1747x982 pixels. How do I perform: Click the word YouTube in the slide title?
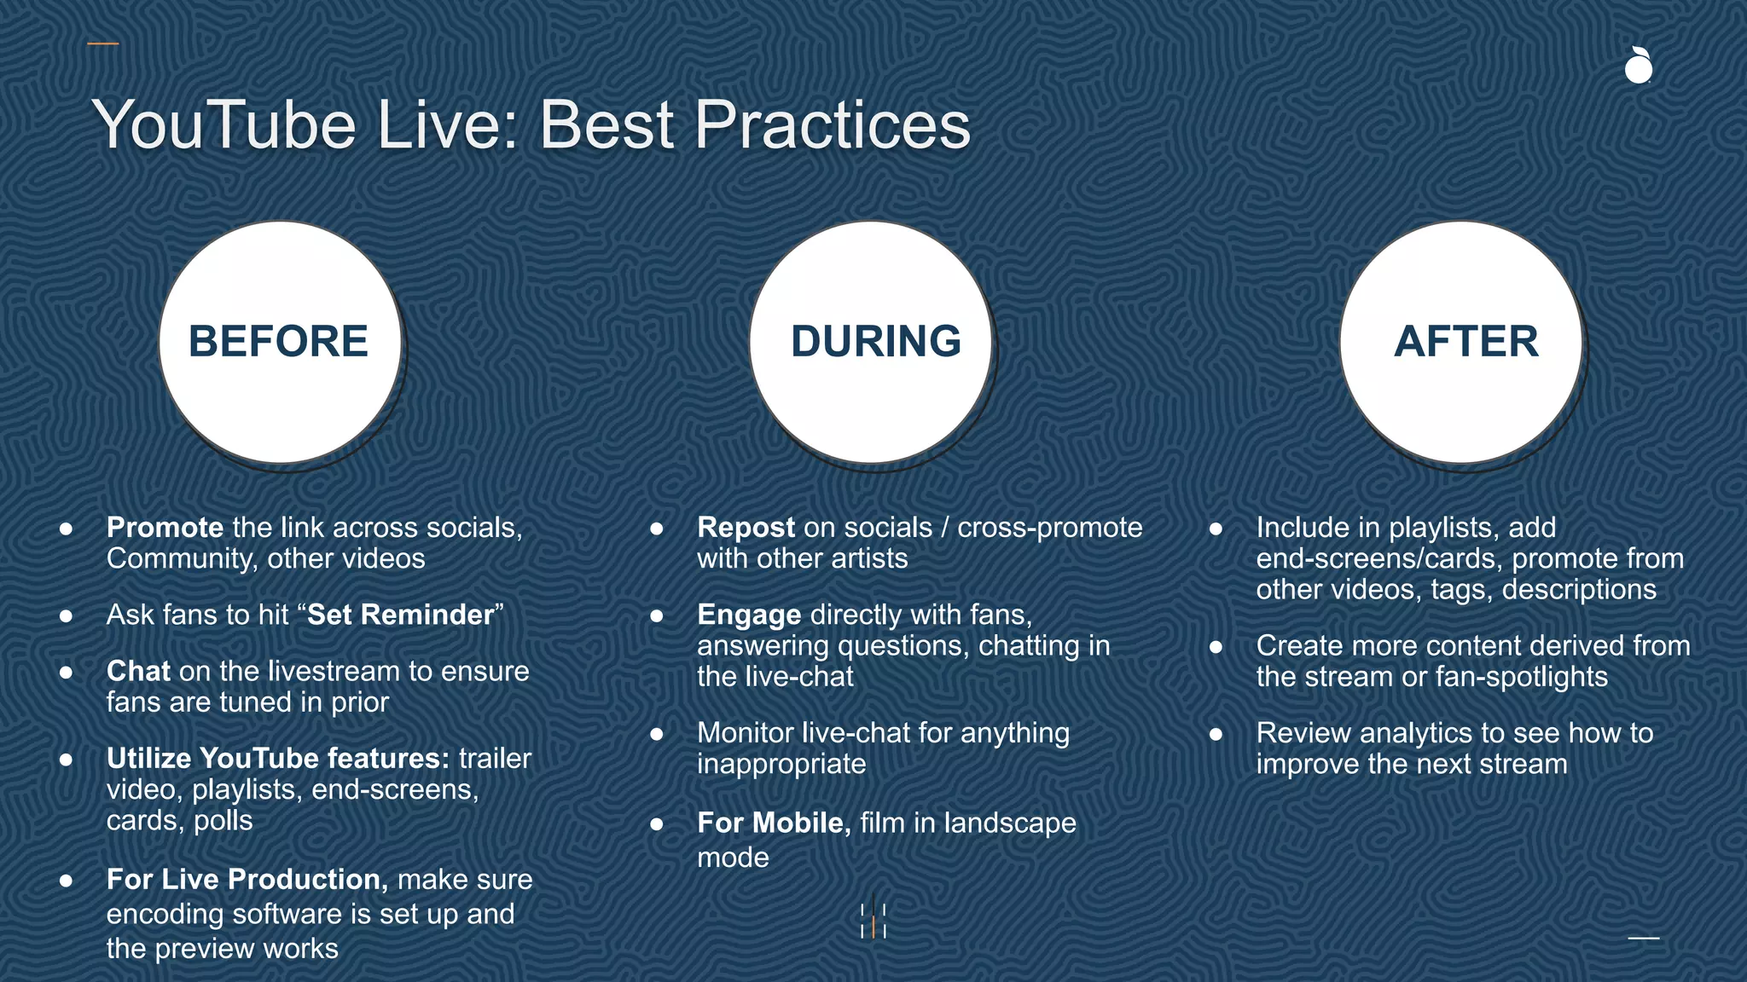coord(223,125)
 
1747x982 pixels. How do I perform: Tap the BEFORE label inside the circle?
coord(278,341)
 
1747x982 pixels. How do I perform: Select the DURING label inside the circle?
coord(875,341)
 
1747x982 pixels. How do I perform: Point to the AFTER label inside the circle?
coord(1466,341)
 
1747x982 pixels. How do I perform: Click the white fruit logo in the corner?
coord(1638,66)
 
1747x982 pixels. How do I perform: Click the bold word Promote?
coord(165,528)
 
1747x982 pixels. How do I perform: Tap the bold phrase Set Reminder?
coord(400,615)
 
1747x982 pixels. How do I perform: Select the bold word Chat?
coord(138,672)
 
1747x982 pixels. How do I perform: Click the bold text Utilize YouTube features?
coord(277,759)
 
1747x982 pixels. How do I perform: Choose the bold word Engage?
coord(749,615)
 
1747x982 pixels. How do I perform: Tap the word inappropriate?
coord(781,764)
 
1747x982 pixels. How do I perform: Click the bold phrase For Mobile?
coord(774,823)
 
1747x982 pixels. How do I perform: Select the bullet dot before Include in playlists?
coord(1216,529)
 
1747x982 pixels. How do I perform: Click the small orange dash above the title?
coord(103,43)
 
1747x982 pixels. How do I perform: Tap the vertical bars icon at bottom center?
coord(873,921)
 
